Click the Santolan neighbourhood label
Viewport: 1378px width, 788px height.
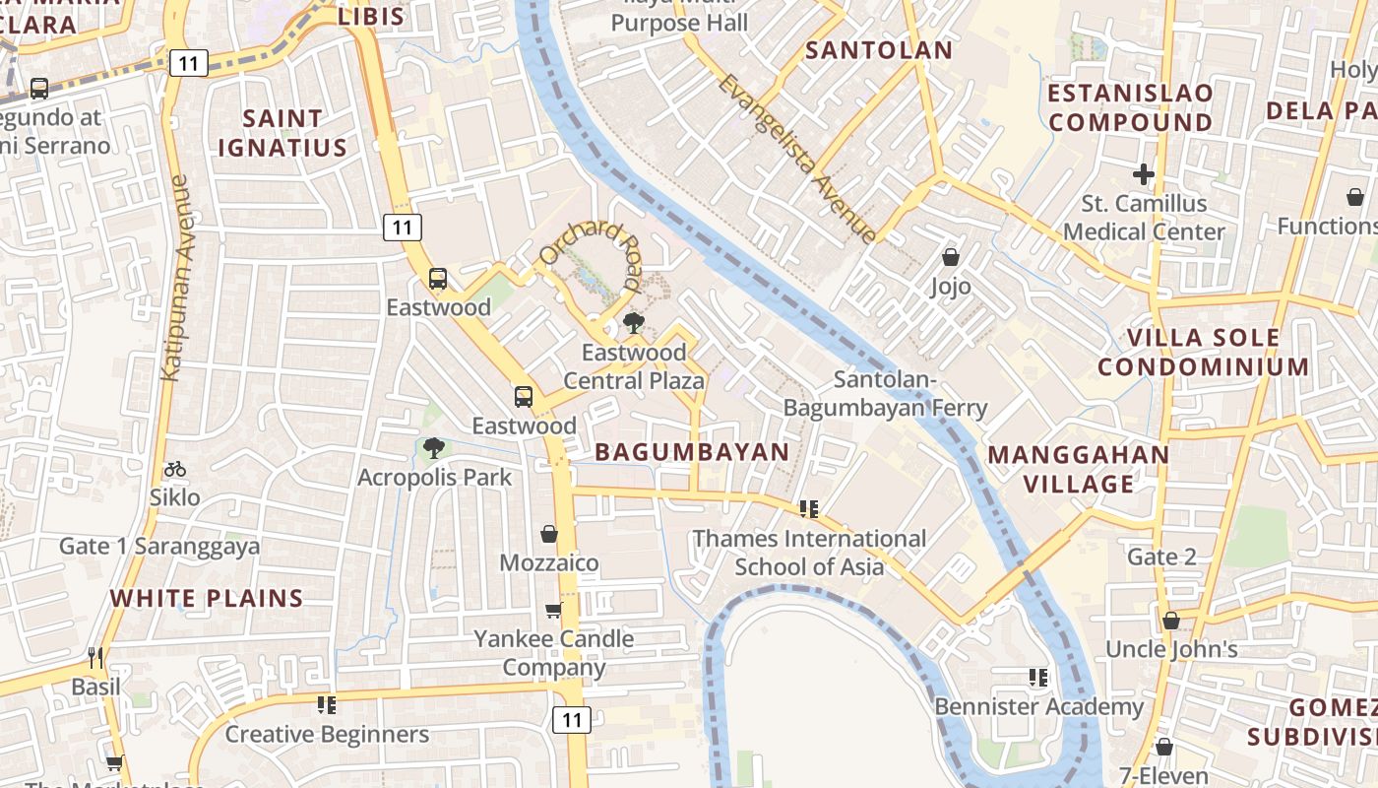coord(879,50)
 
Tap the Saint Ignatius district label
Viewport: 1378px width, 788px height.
coord(282,133)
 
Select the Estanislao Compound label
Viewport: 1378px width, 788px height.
coord(1130,107)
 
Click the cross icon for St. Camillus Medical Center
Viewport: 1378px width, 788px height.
coord(1143,175)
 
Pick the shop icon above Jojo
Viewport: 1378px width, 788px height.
coord(951,257)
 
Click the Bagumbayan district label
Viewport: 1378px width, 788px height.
coord(692,452)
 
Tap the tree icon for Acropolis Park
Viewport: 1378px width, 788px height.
coord(433,449)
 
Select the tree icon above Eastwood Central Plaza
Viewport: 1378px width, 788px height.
coord(634,323)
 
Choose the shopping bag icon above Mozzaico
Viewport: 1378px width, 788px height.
coord(549,534)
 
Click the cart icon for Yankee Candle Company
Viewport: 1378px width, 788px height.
coord(554,611)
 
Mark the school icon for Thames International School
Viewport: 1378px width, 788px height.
coord(809,509)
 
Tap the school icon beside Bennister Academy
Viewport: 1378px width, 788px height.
coord(1037,678)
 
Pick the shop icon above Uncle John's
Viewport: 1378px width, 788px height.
coord(1170,621)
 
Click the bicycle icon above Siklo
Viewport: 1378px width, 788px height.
coord(175,469)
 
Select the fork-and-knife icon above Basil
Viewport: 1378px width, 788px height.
coord(95,657)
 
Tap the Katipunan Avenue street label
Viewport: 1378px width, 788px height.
coord(177,278)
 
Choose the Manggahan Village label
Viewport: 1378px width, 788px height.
coord(1079,469)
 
